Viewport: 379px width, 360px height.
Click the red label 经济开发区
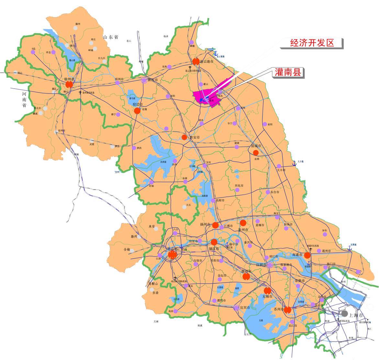(312, 43)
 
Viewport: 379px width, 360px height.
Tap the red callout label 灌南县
(288, 72)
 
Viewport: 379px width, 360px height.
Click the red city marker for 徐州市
(69, 84)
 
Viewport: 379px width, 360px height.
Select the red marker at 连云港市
(196, 61)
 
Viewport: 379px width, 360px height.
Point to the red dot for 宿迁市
(137, 111)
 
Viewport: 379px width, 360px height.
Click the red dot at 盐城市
(256, 153)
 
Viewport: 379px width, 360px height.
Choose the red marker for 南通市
(307, 255)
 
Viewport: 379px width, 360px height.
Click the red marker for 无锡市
(267, 291)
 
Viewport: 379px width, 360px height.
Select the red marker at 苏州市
(287, 310)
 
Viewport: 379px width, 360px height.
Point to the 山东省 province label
(111, 37)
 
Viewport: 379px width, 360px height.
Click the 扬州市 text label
(205, 224)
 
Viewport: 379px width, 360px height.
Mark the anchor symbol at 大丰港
(294, 164)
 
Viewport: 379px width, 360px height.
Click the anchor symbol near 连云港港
(216, 53)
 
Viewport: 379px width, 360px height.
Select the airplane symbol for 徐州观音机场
(80, 92)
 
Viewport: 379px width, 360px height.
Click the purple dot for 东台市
(268, 192)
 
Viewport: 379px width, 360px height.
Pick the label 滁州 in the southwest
(134, 236)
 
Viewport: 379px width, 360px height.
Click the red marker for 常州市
(246, 276)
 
